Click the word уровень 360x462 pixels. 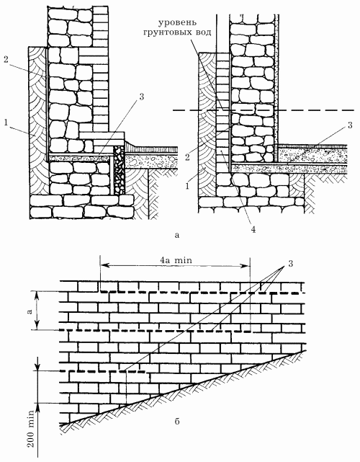click(x=178, y=22)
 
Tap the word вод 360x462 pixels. click(x=203, y=32)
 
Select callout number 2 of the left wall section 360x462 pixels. click(x=6, y=59)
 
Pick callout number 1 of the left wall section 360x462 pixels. click(x=6, y=123)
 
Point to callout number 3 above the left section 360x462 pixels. click(x=142, y=97)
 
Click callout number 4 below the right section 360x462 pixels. click(x=253, y=229)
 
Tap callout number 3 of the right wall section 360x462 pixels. click(x=350, y=125)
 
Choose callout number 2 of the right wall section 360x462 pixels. click(x=188, y=156)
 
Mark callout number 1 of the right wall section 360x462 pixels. click(x=187, y=186)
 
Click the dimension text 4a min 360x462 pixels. click(x=176, y=260)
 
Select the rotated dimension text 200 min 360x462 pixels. click(x=31, y=430)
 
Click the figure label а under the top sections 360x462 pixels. click(x=177, y=235)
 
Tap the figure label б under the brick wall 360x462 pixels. click(x=177, y=422)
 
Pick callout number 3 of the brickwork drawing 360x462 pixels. click(x=291, y=263)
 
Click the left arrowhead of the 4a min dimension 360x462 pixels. click(x=104, y=266)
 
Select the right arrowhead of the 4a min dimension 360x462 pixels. click(x=246, y=266)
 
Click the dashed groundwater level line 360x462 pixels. click(x=264, y=110)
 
